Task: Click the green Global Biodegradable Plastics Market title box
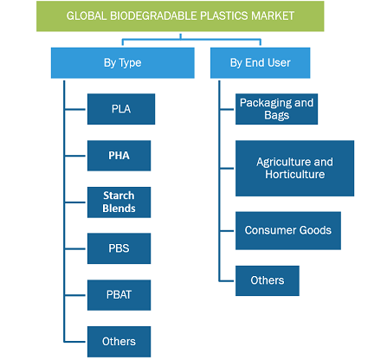[180, 16]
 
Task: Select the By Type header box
[123, 63]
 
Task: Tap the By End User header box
[260, 63]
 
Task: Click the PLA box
[121, 109]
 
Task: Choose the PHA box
[119, 156]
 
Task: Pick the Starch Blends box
[119, 202]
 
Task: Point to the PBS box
[119, 248]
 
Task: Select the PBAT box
[119, 295]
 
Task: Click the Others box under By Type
[119, 342]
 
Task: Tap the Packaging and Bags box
[276, 109]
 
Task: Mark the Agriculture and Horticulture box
[294, 169]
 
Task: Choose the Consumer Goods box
[288, 231]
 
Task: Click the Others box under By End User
[268, 280]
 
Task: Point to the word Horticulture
[295, 175]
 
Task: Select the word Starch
[119, 196]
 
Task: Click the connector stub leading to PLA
[75, 109]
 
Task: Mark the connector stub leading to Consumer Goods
[227, 231]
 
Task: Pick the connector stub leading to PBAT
[75, 295]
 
